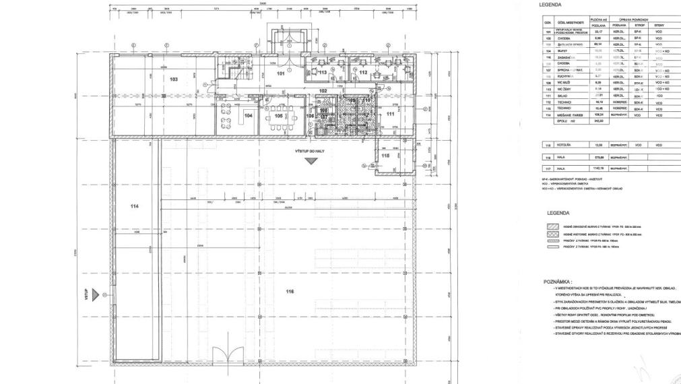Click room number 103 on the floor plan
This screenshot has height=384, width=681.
(174, 79)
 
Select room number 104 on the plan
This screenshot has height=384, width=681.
(249, 116)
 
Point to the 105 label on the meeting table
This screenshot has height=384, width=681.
(278, 116)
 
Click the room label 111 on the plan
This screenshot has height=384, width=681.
(389, 115)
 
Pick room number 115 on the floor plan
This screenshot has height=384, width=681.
(385, 156)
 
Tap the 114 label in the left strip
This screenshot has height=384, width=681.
(134, 206)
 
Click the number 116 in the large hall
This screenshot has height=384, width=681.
(290, 292)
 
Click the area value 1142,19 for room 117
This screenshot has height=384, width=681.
(597, 168)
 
